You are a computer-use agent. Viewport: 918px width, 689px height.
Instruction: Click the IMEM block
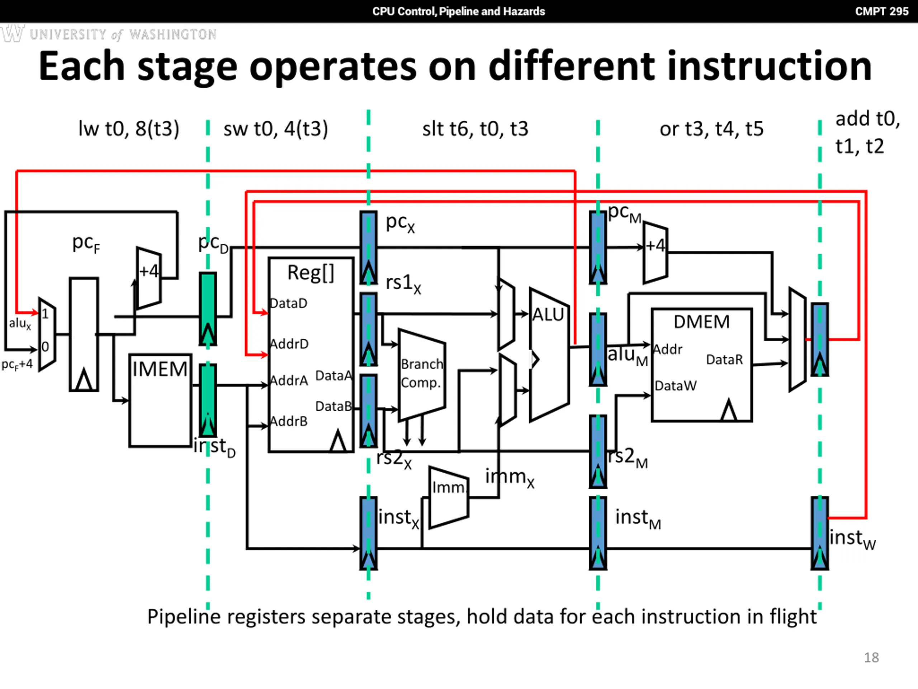(x=160, y=400)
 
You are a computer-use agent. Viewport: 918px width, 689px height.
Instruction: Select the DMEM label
(x=701, y=322)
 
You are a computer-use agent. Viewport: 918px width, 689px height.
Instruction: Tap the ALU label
(x=548, y=314)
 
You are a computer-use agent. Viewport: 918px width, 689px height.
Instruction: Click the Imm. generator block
(x=449, y=497)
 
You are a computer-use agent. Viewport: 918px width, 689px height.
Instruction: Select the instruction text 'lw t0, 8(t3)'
(x=129, y=128)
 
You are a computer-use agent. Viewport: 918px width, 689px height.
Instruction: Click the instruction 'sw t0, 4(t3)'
(x=275, y=128)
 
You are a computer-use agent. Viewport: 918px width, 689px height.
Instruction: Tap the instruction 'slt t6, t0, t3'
(x=475, y=129)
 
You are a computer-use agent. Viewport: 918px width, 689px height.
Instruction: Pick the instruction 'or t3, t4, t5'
(x=711, y=129)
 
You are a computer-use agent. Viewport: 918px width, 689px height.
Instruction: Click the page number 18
(x=871, y=657)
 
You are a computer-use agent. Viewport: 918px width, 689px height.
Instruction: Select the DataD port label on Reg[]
(x=288, y=303)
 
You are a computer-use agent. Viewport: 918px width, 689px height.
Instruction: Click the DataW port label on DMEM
(x=676, y=385)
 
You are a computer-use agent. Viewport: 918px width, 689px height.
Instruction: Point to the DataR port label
(x=725, y=359)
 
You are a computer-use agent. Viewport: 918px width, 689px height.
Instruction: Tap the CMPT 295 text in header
(x=881, y=11)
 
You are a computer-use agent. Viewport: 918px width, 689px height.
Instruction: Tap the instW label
(x=852, y=539)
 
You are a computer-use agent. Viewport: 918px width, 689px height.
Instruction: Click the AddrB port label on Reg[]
(x=289, y=421)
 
